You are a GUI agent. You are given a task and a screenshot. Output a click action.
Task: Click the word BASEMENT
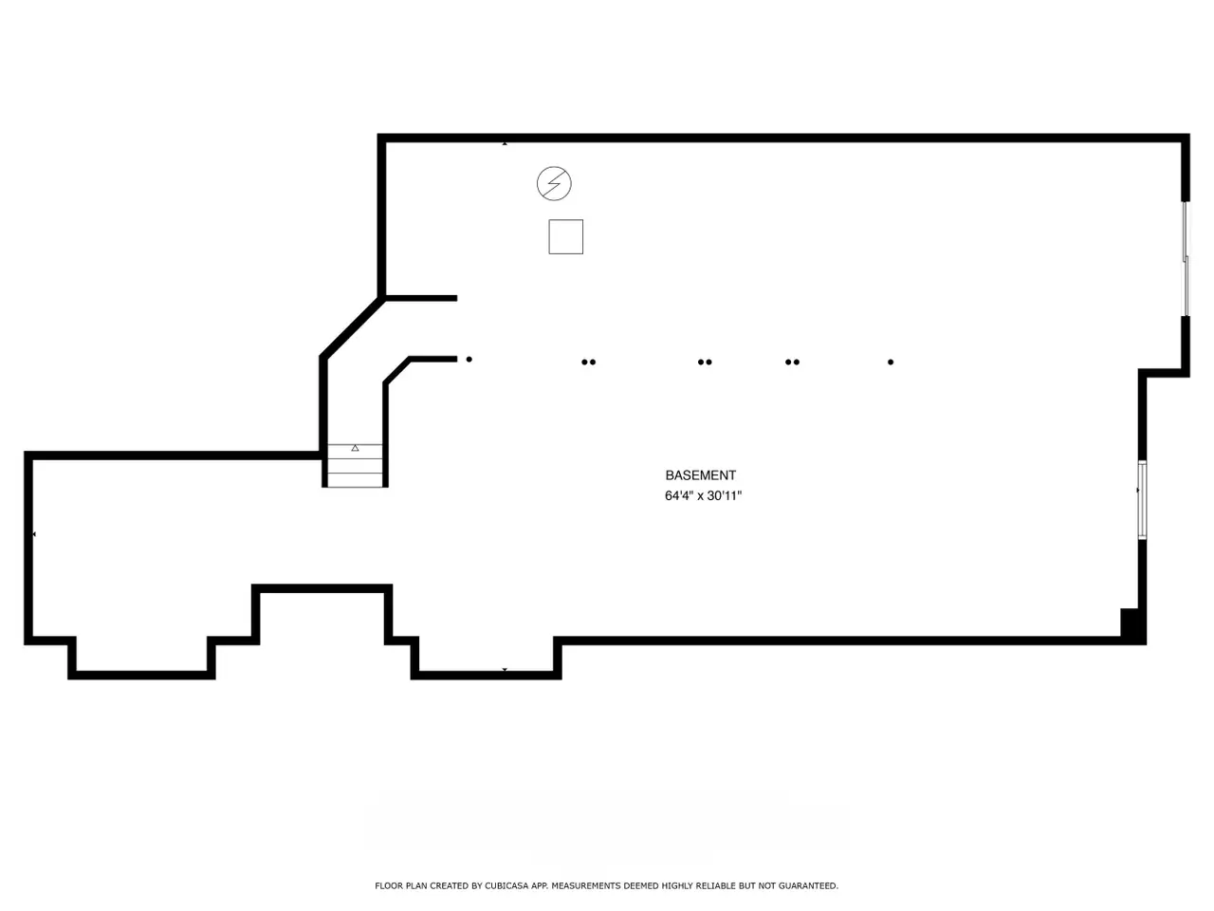(x=700, y=475)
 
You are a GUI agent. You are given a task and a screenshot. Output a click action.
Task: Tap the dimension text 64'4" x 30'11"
(x=703, y=495)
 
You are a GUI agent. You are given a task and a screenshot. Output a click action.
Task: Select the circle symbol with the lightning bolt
(x=554, y=184)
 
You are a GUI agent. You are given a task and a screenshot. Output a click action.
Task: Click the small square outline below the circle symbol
(x=566, y=236)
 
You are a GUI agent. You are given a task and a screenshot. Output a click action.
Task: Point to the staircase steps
(x=355, y=466)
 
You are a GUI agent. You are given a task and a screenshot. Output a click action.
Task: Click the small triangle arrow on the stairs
(x=355, y=448)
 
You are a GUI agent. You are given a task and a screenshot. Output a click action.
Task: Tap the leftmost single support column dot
(x=469, y=360)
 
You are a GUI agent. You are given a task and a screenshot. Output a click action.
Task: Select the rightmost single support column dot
(x=891, y=363)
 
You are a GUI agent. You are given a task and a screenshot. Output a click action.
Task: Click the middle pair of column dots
(x=705, y=363)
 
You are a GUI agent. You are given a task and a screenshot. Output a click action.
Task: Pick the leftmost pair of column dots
(x=588, y=363)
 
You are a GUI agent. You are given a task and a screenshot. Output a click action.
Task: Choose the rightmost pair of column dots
(x=792, y=363)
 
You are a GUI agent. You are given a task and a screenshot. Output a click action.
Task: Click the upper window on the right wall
(x=1186, y=259)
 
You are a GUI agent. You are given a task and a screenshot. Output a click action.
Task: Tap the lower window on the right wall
(x=1142, y=500)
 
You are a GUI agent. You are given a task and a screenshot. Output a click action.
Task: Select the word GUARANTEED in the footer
(x=808, y=885)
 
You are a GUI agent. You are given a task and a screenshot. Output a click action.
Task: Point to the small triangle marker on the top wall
(x=505, y=144)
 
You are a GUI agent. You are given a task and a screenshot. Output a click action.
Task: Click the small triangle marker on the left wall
(x=34, y=534)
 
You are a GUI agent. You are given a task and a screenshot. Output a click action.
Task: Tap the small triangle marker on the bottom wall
(x=505, y=670)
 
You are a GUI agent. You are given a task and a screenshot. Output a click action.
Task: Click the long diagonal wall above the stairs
(x=352, y=328)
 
